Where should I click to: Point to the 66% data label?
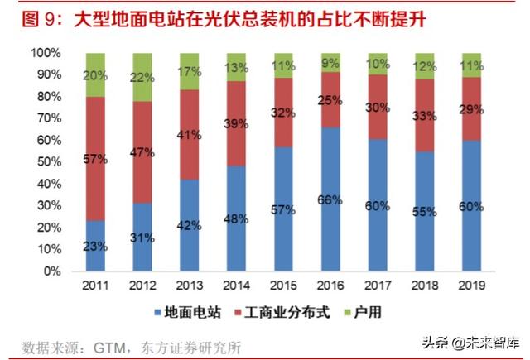(x=330, y=199)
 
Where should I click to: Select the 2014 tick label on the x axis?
(x=236, y=286)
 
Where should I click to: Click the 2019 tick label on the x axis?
(x=471, y=286)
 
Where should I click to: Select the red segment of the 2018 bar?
(x=424, y=116)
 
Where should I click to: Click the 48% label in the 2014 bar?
(x=237, y=219)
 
